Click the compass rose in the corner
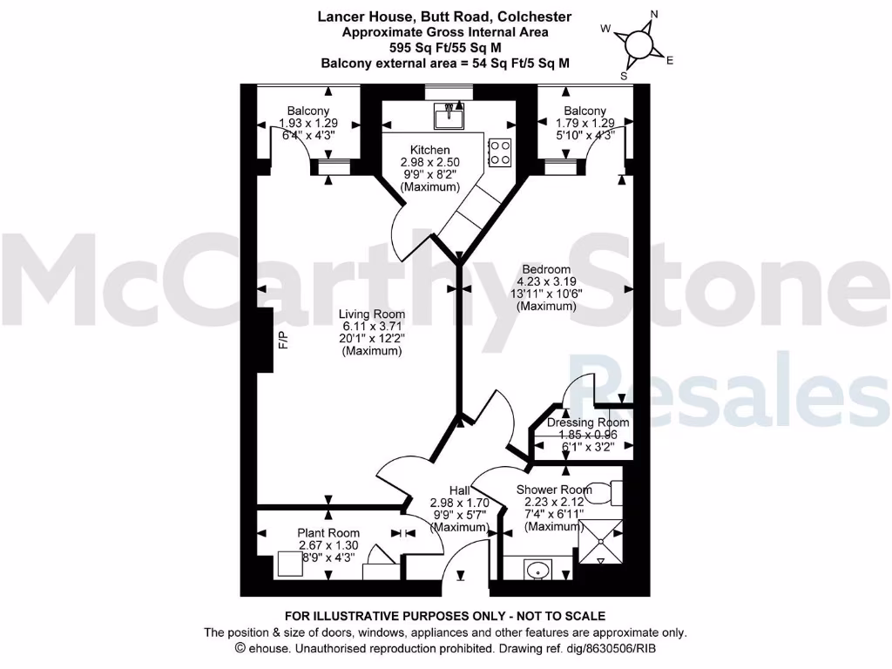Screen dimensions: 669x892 [x=639, y=43]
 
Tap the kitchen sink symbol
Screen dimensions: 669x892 [x=449, y=113]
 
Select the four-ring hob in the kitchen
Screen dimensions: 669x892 [x=500, y=152]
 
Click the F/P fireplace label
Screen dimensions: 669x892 [x=281, y=341]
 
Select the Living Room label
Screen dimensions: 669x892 [x=372, y=314]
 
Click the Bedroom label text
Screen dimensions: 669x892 [x=546, y=269]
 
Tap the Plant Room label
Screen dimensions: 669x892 [x=328, y=533]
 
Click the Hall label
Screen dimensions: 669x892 [x=459, y=490]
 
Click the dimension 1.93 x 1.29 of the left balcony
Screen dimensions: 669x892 [x=308, y=124]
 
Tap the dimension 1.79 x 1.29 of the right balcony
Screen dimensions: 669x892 [x=585, y=124]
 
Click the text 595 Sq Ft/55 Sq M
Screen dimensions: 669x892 [x=445, y=48]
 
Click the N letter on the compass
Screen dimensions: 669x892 [x=654, y=13]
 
